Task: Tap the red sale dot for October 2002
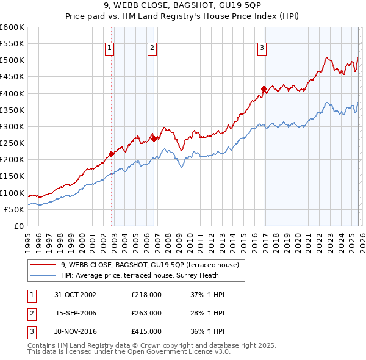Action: [x=112, y=154]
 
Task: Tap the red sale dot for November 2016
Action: [x=264, y=88]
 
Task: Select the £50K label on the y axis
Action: [x=14, y=209]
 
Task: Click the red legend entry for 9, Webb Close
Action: [x=152, y=265]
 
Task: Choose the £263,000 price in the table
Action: [x=146, y=313]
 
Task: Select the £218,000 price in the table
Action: [x=146, y=295]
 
